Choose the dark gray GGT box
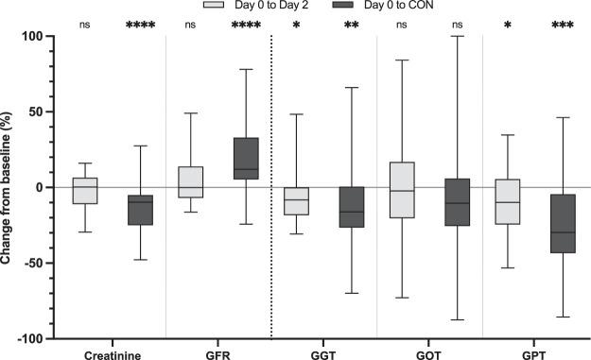tap(351, 207)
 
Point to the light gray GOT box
tap(403, 190)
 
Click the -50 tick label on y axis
tap(43, 263)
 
